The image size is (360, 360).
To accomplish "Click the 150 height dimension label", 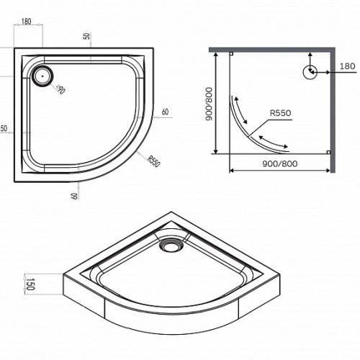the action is tap(30, 284).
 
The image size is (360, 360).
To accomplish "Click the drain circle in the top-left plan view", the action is tap(42, 76).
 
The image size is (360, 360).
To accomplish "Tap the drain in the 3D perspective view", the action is tap(171, 245).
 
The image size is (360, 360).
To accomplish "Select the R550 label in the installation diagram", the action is tap(280, 112).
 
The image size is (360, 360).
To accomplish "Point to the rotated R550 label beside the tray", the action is tap(153, 161).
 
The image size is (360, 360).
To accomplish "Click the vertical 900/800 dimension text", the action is tap(210, 104).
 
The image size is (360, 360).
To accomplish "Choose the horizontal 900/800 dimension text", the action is tap(280, 163).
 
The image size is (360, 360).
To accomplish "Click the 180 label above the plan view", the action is tap(26, 22).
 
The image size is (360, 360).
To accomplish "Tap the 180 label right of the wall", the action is tap(347, 66).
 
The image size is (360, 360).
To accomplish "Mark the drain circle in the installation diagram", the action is tap(310, 72).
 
